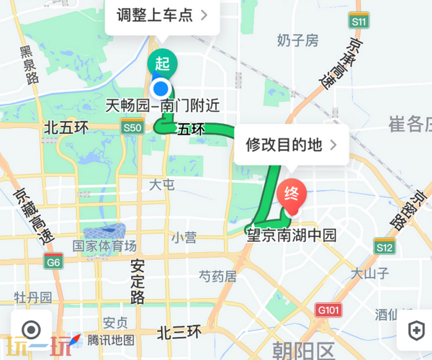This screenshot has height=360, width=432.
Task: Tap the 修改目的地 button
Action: point(291,145)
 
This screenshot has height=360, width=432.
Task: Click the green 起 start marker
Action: point(162,63)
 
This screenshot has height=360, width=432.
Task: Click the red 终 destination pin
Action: point(292,194)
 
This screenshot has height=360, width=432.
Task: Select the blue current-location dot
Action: point(163,90)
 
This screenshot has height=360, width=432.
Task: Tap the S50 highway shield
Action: point(132,127)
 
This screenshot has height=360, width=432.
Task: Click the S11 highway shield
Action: point(359,23)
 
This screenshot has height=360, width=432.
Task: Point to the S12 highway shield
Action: point(384,248)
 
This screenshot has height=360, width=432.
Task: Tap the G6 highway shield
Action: point(53,262)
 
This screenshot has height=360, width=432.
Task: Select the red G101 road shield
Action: point(328,310)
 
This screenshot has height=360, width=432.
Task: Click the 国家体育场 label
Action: point(104,246)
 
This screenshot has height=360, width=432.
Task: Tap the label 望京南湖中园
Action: point(292,235)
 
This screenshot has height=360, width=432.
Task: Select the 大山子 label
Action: point(370,273)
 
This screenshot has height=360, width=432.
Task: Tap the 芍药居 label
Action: point(217,275)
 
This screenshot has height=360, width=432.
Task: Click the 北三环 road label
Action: point(179,333)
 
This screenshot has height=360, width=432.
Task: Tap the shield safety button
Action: point(415,330)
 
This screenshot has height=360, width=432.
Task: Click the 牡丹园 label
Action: point(33,297)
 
